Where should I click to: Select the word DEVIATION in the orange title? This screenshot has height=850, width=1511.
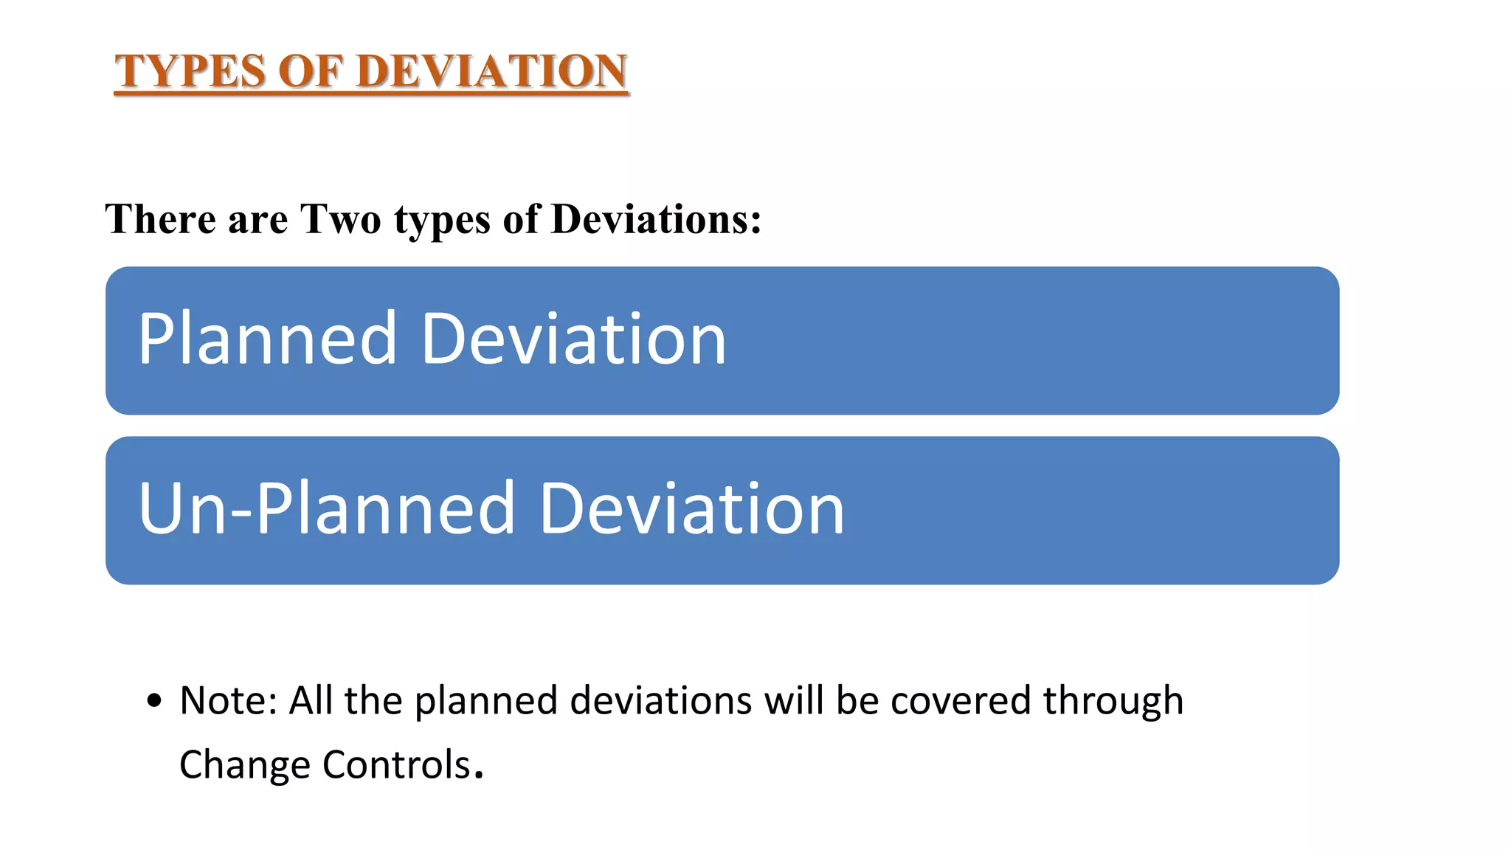pos(493,72)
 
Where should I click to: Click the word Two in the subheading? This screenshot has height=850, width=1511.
pos(341,219)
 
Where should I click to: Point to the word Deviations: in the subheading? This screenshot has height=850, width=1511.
pos(656,219)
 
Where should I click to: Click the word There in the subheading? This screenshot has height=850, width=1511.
pos(160,219)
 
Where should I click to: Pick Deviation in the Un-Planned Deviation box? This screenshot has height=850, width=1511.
pos(692,508)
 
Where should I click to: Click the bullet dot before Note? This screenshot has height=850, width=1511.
pos(153,701)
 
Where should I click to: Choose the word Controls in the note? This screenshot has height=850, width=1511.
pos(396,764)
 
